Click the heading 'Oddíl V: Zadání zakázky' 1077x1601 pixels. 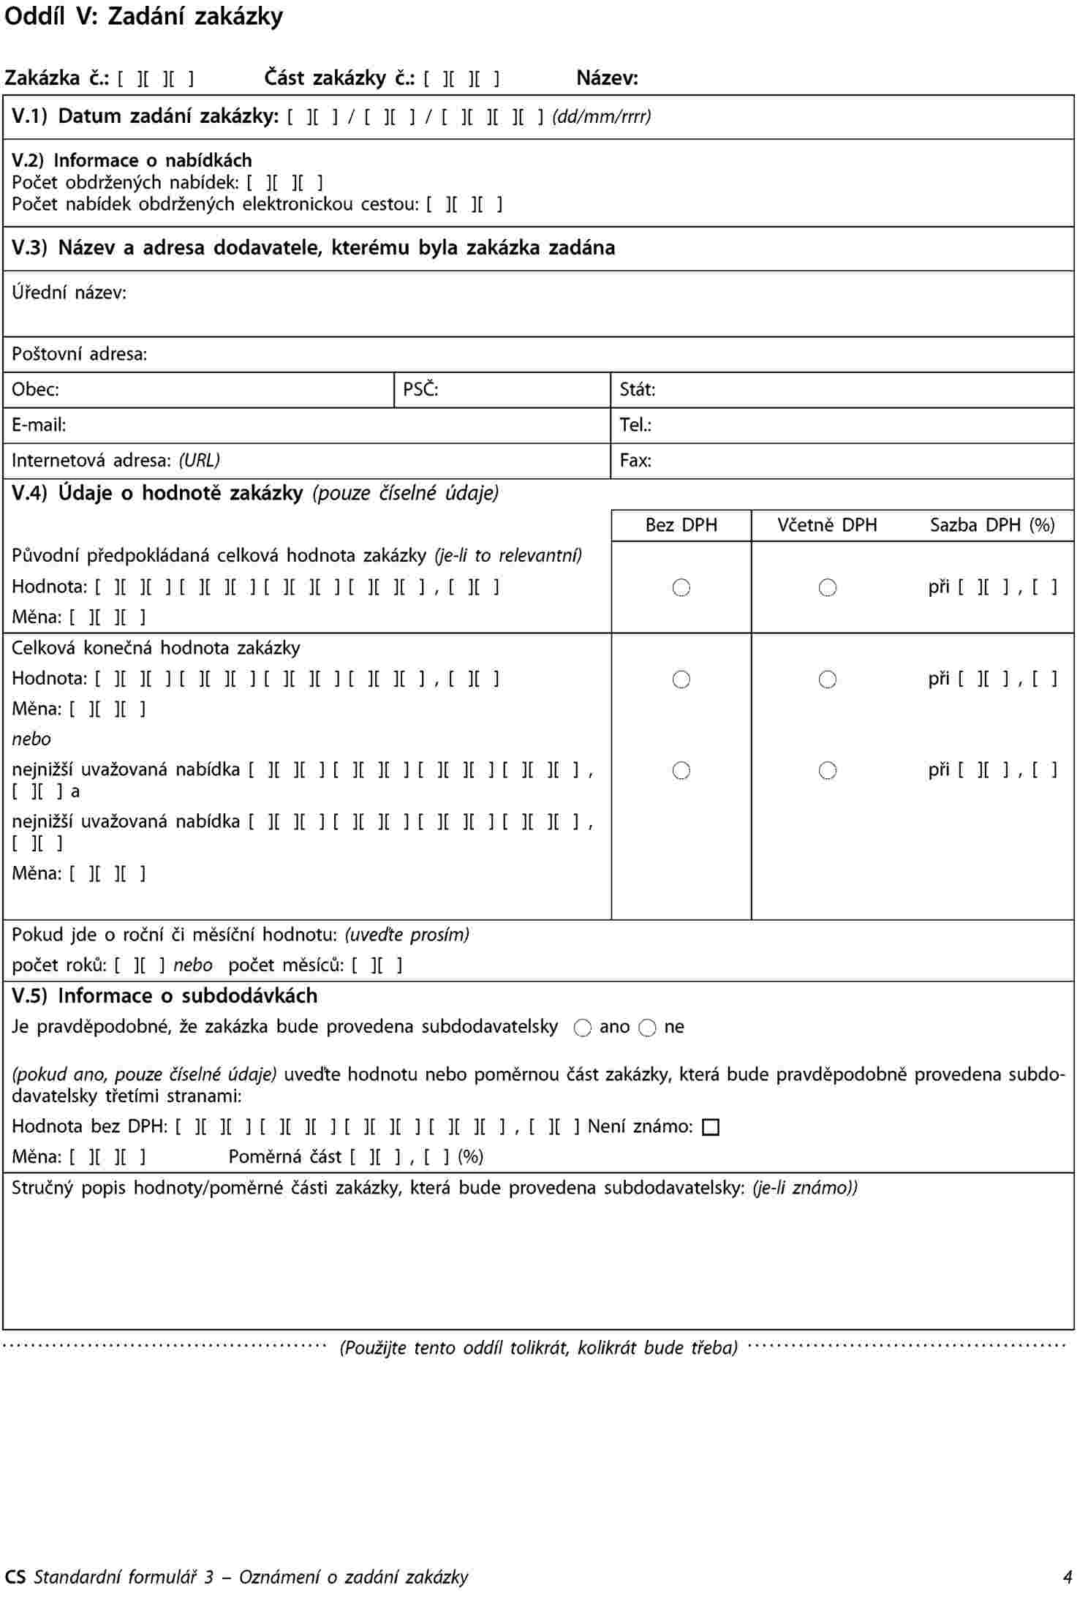tap(143, 17)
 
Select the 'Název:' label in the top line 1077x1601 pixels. tap(607, 78)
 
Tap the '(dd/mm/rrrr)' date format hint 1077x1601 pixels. tap(601, 116)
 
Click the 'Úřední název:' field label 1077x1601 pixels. tap(69, 293)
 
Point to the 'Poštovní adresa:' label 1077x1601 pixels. tap(79, 355)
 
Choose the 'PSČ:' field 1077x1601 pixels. tap(420, 390)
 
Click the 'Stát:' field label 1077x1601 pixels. tap(637, 390)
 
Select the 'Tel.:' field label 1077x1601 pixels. tap(635, 425)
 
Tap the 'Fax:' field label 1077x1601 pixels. tap(635, 461)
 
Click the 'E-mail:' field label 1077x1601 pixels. tap(39, 425)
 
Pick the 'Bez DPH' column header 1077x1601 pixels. tap(681, 525)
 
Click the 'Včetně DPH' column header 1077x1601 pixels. tap(827, 525)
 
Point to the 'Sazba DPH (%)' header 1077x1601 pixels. tap(991, 525)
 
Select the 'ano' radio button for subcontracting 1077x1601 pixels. tap(582, 1028)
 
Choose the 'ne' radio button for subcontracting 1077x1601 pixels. tap(647, 1028)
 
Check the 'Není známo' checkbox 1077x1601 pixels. tap(710, 1128)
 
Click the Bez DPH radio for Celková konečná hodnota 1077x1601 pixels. tap(681, 679)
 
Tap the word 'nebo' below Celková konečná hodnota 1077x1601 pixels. tap(31, 739)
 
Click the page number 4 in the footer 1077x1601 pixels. tap(1067, 1577)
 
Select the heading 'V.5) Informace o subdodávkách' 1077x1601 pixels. tap(165, 996)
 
